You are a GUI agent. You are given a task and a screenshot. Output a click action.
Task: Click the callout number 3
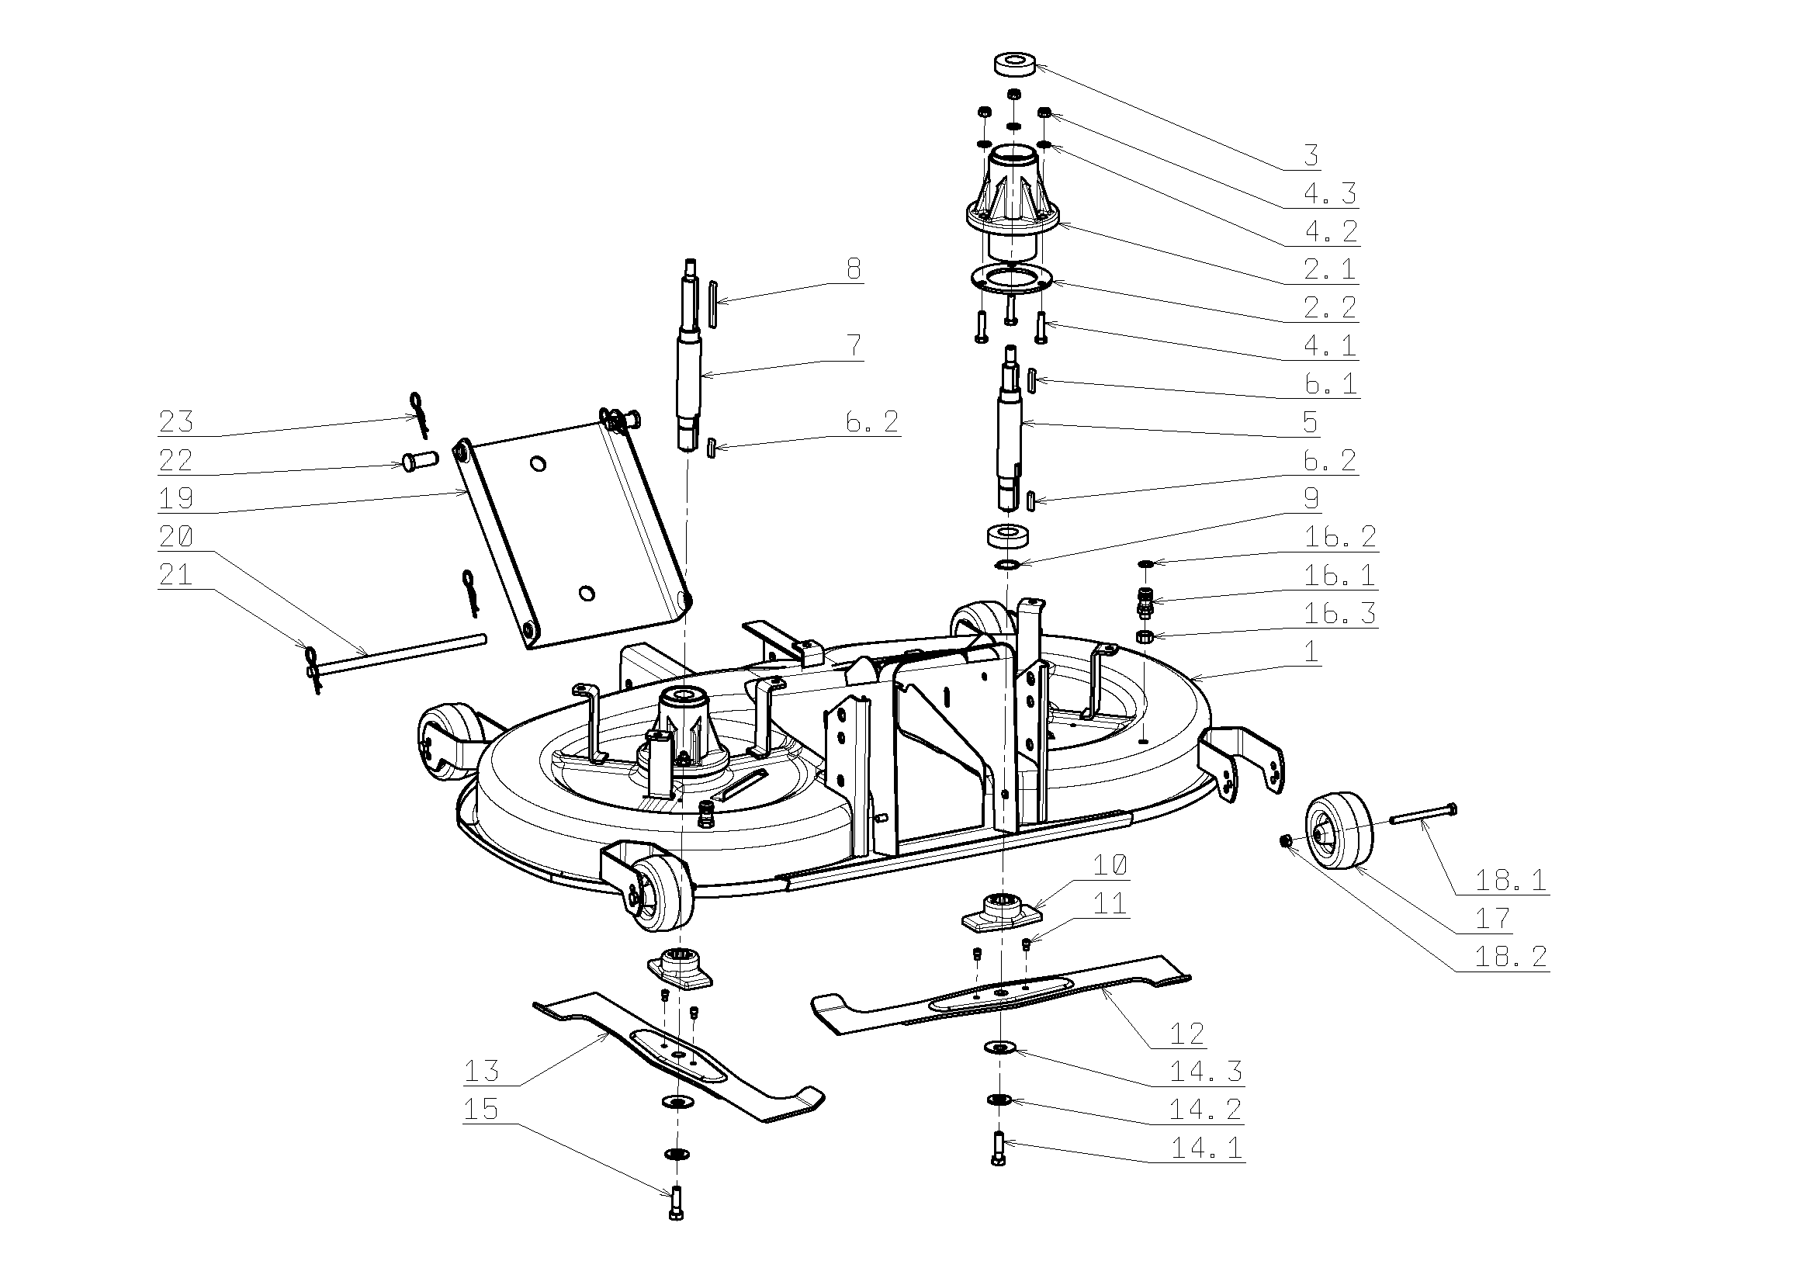coord(1311,155)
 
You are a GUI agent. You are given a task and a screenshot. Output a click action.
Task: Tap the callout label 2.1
coord(1330,269)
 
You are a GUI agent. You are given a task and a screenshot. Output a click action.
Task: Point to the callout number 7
coord(854,346)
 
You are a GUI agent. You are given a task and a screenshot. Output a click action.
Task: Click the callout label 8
coord(854,269)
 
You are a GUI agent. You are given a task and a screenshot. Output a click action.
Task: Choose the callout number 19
coord(175,498)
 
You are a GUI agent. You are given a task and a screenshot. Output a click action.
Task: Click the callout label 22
coord(175,460)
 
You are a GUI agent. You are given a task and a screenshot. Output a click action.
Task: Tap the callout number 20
coord(175,537)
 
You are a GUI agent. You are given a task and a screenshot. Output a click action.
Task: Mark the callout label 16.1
coord(1339,575)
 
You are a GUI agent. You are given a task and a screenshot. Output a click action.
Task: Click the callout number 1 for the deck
coord(1312,652)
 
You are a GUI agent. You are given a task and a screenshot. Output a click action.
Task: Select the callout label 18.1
coord(1510,880)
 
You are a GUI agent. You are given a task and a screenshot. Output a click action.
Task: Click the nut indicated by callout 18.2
coord(1287,841)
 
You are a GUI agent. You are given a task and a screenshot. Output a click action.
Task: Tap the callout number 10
coord(1110,866)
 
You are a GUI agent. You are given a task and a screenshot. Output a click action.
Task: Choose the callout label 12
coord(1186,1034)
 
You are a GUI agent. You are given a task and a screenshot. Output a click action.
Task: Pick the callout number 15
coord(480,1110)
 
